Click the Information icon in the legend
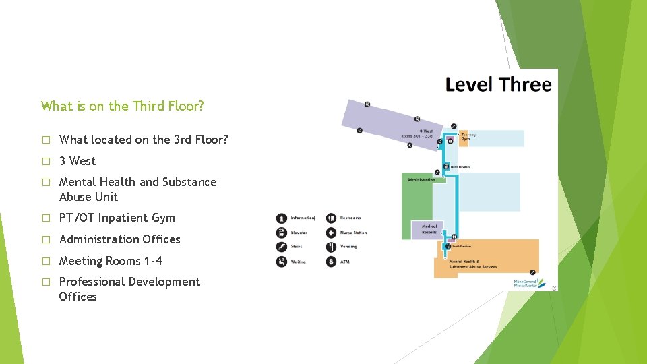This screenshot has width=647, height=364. pyautogui.click(x=282, y=218)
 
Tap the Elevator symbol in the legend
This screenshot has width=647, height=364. pyautogui.click(x=282, y=233)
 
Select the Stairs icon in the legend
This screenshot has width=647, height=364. pyautogui.click(x=282, y=247)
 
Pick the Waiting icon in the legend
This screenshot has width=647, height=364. pyautogui.click(x=282, y=262)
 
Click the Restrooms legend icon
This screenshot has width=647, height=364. pyautogui.click(x=331, y=218)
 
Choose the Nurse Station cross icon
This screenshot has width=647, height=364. pyautogui.click(x=331, y=233)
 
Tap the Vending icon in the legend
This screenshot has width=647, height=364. pyautogui.click(x=331, y=247)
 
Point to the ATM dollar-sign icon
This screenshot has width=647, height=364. pyautogui.click(x=331, y=262)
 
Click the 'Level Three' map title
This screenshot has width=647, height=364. pyautogui.click(x=498, y=85)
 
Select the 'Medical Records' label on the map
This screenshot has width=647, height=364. pyautogui.click(x=429, y=229)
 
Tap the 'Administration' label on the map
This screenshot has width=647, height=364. pyautogui.click(x=421, y=180)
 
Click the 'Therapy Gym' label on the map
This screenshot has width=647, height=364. pyautogui.click(x=469, y=137)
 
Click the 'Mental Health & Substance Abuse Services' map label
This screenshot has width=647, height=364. pyautogui.click(x=472, y=264)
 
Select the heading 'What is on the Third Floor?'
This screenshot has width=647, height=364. pyautogui.click(x=122, y=106)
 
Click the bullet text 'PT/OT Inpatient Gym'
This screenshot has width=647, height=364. pyautogui.click(x=117, y=218)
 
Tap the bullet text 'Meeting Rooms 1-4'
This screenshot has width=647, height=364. pyautogui.click(x=111, y=261)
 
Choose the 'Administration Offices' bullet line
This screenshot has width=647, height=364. pyautogui.click(x=120, y=239)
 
